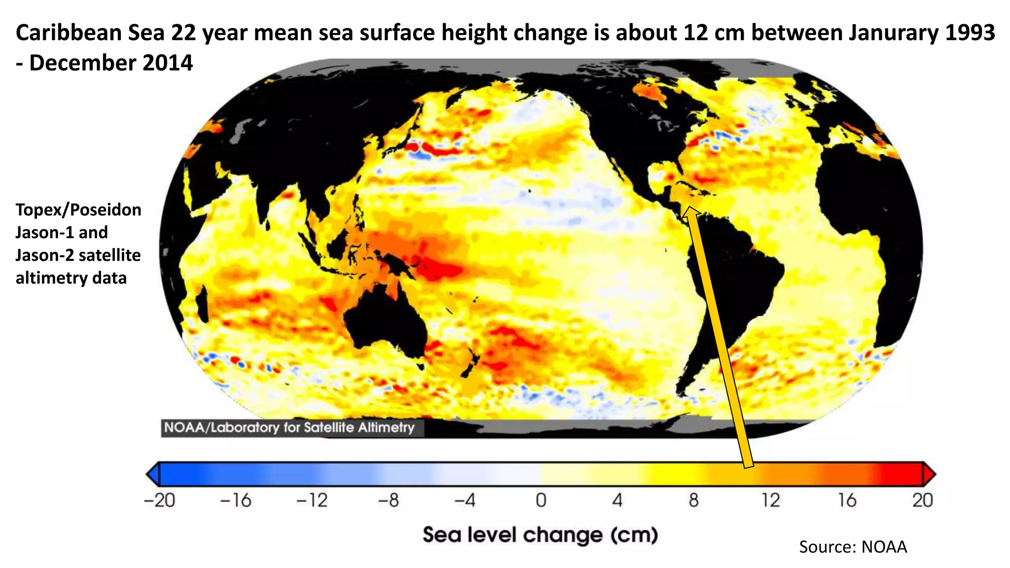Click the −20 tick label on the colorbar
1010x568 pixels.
pos(159,500)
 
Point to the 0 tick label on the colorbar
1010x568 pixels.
pos(541,500)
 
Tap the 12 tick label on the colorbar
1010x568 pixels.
pos(770,500)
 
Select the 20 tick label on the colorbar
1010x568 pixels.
pos(922,500)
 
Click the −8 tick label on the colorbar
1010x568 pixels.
pos(389,500)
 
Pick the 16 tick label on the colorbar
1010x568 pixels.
pos(847,500)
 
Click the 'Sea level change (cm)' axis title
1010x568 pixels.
pos(541,535)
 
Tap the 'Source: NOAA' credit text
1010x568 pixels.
pos(853,547)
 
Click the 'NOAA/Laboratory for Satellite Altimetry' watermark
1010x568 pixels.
pos(289,427)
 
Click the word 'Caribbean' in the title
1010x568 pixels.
pos(69,33)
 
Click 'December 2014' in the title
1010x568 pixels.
pos(111,63)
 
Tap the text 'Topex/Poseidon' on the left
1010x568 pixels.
pos(78,210)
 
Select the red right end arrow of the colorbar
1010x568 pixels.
pos(929,474)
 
